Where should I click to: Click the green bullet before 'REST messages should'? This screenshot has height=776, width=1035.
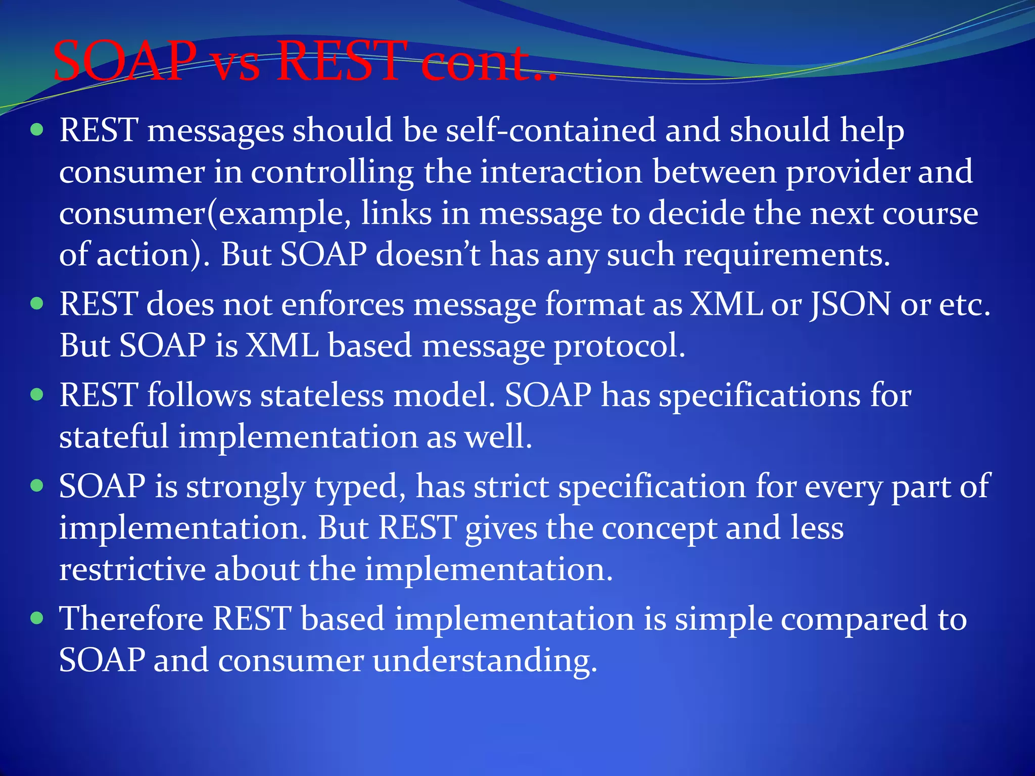click(x=37, y=130)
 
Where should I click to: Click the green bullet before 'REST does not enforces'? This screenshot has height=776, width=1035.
click(x=37, y=304)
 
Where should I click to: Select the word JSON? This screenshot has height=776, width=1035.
click(x=851, y=305)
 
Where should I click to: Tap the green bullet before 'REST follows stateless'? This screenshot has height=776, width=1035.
click(x=37, y=394)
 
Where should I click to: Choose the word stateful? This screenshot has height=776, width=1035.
click(x=114, y=437)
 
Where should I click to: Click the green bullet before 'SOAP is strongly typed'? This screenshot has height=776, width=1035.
click(x=37, y=486)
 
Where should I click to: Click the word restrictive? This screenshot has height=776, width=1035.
click(x=132, y=569)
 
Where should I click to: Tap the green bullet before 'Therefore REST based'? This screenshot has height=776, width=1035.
click(x=37, y=618)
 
